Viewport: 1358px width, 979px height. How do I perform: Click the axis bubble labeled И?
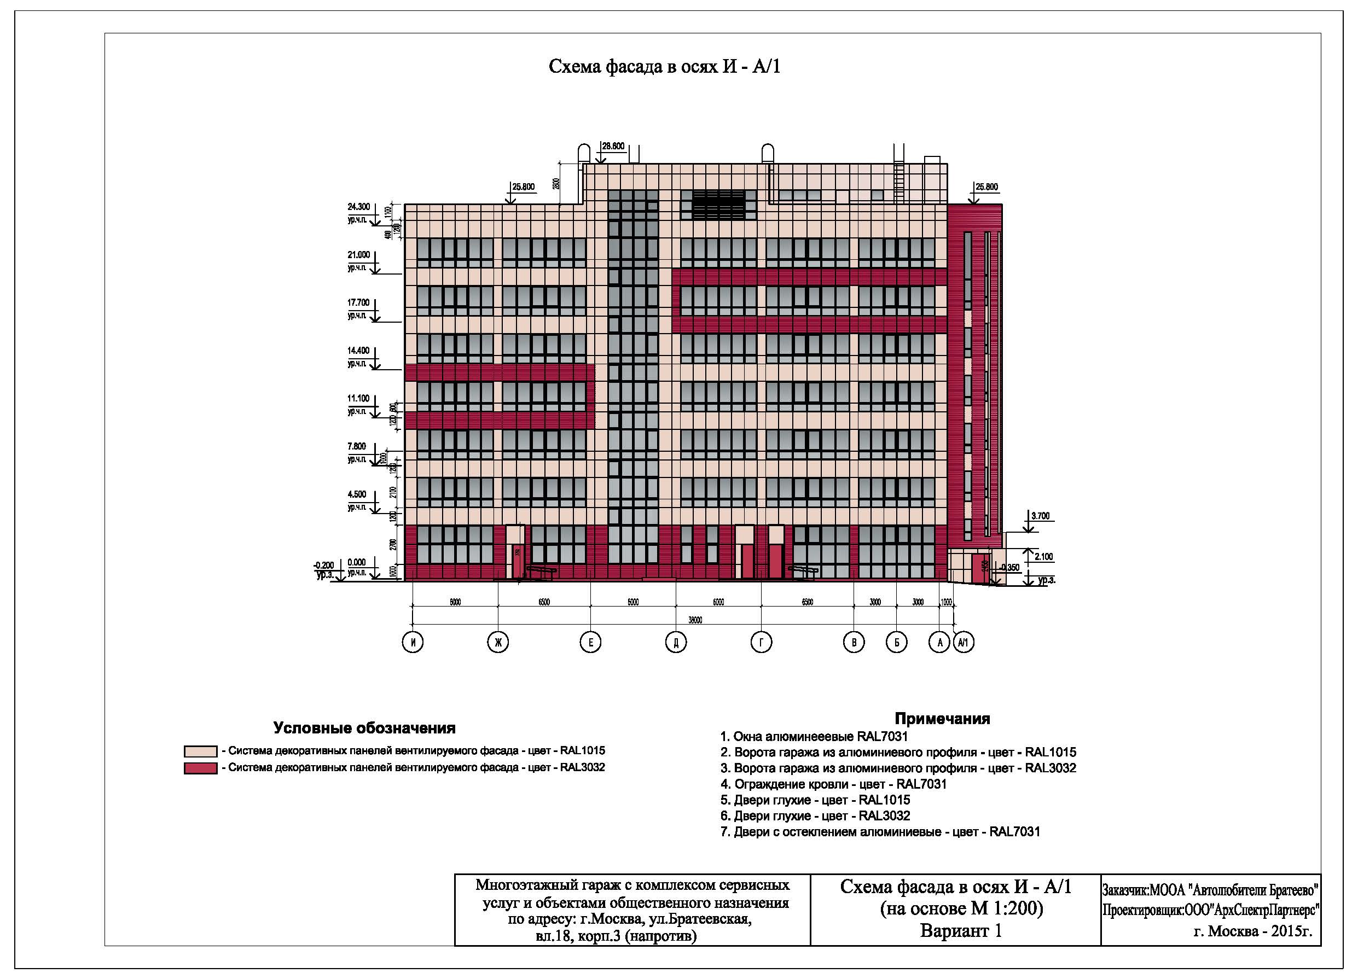pyautogui.click(x=413, y=643)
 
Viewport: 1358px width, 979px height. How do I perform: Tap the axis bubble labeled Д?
pyautogui.click(x=676, y=643)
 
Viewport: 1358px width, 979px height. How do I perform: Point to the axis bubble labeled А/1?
pyautogui.click(x=964, y=643)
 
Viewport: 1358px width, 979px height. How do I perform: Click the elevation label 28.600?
pyautogui.click(x=613, y=145)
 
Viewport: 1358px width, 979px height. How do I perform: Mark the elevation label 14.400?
pyautogui.click(x=359, y=351)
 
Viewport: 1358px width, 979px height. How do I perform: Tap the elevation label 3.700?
pyautogui.click(x=1040, y=516)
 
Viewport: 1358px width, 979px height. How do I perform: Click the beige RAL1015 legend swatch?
pyautogui.click(x=200, y=751)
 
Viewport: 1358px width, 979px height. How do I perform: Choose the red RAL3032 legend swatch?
pyautogui.click(x=200, y=768)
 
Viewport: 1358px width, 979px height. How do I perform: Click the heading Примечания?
pyautogui.click(x=942, y=719)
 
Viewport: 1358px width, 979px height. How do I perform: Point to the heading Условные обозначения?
pyautogui.click(x=364, y=729)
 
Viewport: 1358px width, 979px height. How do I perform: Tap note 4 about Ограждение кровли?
pyautogui.click(x=833, y=784)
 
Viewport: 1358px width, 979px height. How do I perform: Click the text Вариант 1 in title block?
pyautogui.click(x=960, y=931)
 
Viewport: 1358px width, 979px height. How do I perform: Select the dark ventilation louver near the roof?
pyautogui.click(x=719, y=205)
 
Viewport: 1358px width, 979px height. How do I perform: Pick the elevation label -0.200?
pyautogui.click(x=323, y=565)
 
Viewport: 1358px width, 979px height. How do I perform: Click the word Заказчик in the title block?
pyautogui.click(x=1124, y=890)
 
